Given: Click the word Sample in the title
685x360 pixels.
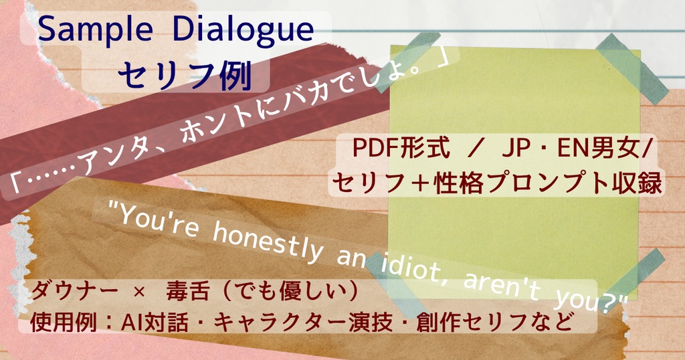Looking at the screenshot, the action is (95, 30).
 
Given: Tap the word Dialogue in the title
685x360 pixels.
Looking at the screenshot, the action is (242, 29).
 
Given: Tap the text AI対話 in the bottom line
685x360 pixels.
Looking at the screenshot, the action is (155, 323).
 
